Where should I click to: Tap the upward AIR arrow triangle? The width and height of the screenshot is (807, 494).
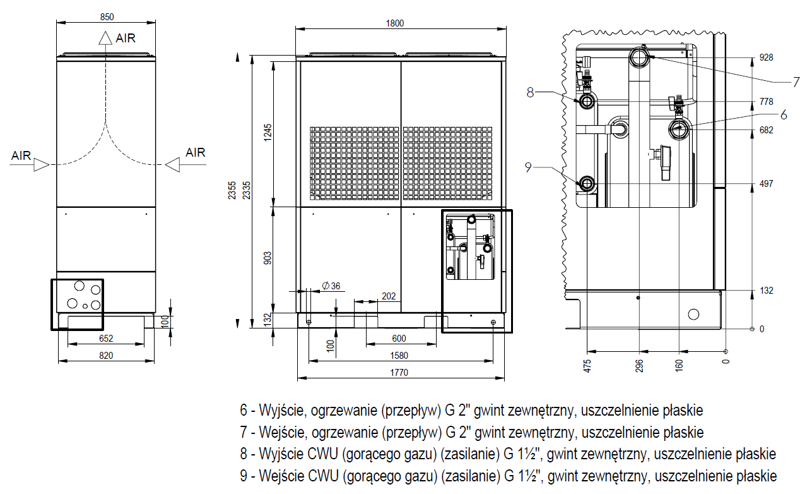coord(105,39)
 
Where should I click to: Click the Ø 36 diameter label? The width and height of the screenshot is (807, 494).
coord(331,286)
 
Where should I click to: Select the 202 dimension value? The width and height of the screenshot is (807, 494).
coord(389,295)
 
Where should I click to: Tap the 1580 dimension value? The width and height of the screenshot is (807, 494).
coord(399,356)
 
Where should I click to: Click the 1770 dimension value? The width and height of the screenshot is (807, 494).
coord(399,373)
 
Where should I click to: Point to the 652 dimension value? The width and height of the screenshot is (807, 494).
coord(106,339)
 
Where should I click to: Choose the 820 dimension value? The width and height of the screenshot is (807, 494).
coord(106,356)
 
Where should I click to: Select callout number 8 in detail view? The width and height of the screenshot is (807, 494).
coord(530,92)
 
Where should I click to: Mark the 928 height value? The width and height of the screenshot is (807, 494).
coord(766,57)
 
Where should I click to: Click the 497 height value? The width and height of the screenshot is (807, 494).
coord(766,184)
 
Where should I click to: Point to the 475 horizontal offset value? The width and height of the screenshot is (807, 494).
coord(587,367)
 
